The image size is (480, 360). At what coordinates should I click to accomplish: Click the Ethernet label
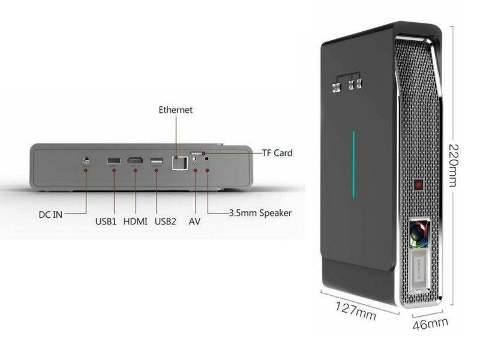pyautogui.click(x=175, y=110)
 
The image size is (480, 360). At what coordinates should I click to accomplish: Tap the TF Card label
pyautogui.click(x=277, y=153)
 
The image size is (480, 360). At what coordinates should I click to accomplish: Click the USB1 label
pyautogui.click(x=107, y=221)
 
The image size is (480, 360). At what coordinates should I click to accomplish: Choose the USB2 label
pyautogui.click(x=166, y=221)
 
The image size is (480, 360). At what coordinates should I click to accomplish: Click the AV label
pyautogui.click(x=194, y=221)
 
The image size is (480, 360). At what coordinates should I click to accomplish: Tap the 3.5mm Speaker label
pyautogui.click(x=260, y=213)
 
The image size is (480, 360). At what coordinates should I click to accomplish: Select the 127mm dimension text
pyautogui.click(x=356, y=309)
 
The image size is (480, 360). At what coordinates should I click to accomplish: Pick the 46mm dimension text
pyautogui.click(x=430, y=325)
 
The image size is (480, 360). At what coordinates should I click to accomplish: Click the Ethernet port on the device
pyautogui.click(x=176, y=163)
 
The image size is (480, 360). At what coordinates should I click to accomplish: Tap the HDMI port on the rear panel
pyautogui.click(x=136, y=160)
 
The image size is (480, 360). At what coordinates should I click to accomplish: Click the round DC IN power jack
pyautogui.click(x=86, y=160)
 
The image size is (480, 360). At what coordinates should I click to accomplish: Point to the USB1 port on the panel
pyautogui.click(x=112, y=160)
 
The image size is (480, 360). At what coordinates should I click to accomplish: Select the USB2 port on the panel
pyautogui.click(x=156, y=160)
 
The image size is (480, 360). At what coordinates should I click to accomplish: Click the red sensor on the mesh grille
pyautogui.click(x=419, y=182)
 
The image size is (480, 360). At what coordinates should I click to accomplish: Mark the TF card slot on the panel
pyautogui.click(x=197, y=154)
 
